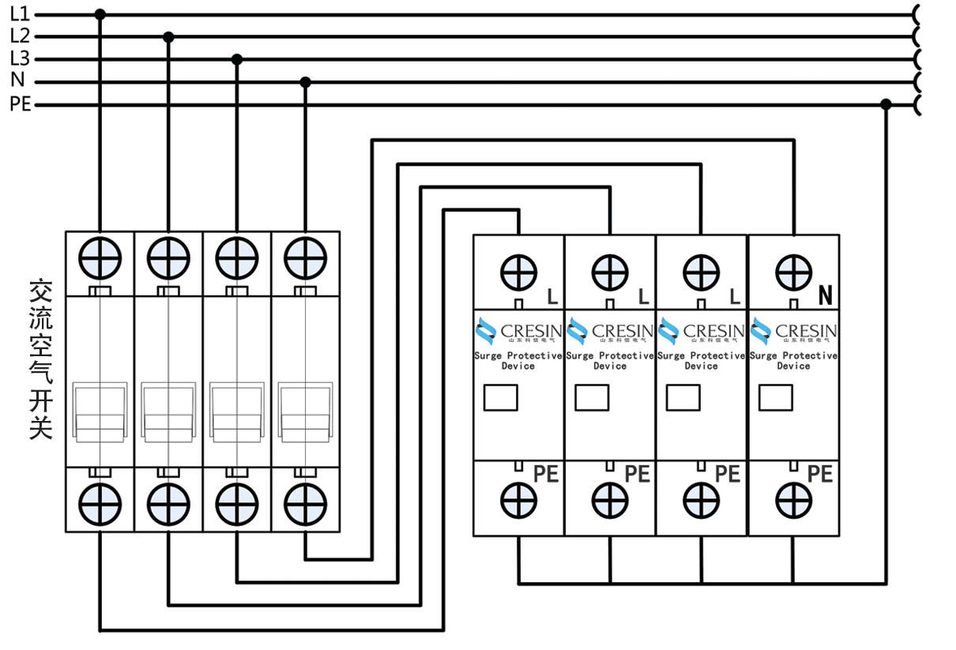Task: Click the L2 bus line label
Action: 20,36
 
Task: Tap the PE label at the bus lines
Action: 21,104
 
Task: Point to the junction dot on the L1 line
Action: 100,14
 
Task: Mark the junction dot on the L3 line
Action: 236,59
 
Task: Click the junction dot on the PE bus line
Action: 886,104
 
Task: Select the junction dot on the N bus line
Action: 306,82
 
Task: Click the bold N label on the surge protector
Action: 825,296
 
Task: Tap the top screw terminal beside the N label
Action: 793,272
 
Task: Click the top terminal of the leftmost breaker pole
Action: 100,258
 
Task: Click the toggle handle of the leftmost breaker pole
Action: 100,411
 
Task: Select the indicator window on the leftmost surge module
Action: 500,397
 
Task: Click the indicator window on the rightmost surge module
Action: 775,397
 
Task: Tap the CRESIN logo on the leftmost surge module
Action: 518,331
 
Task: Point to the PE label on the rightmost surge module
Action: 820,474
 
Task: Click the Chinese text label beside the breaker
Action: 40,359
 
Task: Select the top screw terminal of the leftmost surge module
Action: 518,272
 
